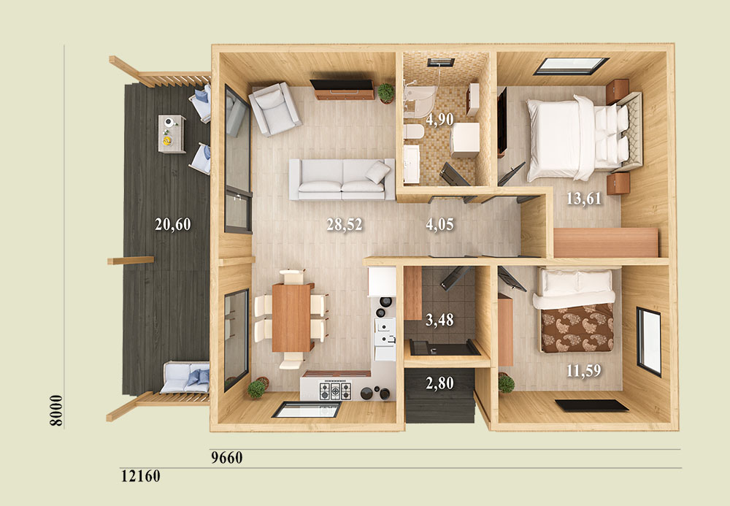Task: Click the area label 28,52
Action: pyautogui.click(x=344, y=224)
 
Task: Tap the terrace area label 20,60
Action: pyautogui.click(x=173, y=224)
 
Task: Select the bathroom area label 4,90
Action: pyautogui.click(x=439, y=119)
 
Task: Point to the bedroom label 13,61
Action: pyautogui.click(x=584, y=199)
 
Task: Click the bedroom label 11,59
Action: pyautogui.click(x=584, y=370)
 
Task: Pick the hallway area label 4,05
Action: pyautogui.click(x=439, y=224)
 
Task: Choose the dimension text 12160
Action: pyautogui.click(x=141, y=476)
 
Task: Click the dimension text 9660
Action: pyautogui.click(x=227, y=458)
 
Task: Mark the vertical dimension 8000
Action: pyautogui.click(x=56, y=410)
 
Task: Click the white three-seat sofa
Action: pyautogui.click(x=342, y=180)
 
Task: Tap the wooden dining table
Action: pyautogui.click(x=292, y=318)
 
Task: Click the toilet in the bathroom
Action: pyautogui.click(x=413, y=131)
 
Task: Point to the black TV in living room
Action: pyautogui.click(x=342, y=84)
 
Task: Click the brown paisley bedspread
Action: pyautogui.click(x=577, y=328)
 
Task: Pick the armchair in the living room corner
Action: pyautogui.click(x=274, y=109)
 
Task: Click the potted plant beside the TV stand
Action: pyautogui.click(x=386, y=93)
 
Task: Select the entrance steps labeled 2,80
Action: pyautogui.click(x=440, y=396)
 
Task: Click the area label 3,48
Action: pyautogui.click(x=439, y=321)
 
